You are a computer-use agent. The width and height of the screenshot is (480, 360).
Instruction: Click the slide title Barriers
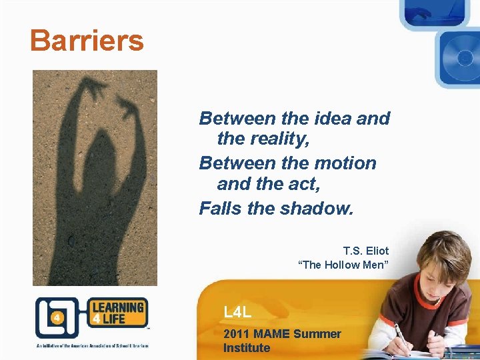[x=87, y=41]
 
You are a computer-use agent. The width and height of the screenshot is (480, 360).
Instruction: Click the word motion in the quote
[x=344, y=163]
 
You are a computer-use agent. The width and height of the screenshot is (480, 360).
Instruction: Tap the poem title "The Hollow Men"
[x=343, y=265]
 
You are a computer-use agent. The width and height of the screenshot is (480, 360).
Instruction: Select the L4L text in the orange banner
[x=237, y=311]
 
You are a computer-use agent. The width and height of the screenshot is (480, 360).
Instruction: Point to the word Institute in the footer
[x=247, y=347]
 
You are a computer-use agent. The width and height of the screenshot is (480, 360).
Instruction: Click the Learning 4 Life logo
[x=91, y=318]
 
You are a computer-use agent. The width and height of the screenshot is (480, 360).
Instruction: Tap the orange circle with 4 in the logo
[x=57, y=318]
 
